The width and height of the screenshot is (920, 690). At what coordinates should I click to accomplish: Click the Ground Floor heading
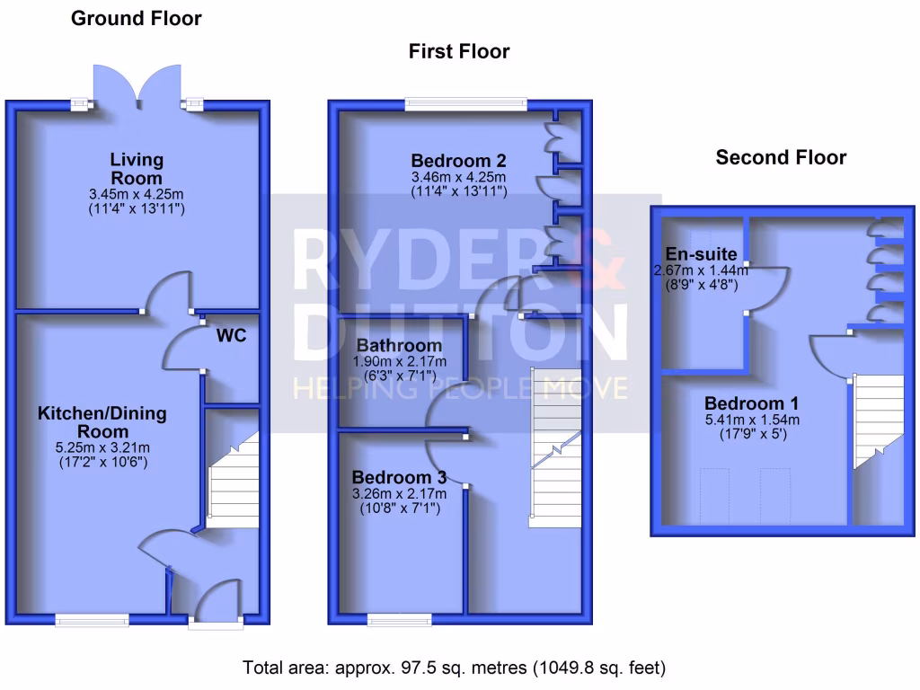point(136,18)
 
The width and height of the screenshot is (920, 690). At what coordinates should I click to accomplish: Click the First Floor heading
point(458,51)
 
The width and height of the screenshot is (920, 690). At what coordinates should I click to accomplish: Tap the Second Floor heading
point(781,157)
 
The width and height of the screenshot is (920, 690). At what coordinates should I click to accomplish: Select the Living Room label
point(137,169)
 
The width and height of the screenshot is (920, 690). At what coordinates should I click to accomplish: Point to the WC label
point(231,337)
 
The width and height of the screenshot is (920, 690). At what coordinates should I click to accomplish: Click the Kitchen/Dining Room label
point(102,422)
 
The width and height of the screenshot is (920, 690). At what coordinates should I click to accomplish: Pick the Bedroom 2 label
point(458,161)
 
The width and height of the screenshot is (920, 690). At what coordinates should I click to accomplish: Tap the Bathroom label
point(399,345)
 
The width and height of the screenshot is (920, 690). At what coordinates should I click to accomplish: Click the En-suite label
point(701,253)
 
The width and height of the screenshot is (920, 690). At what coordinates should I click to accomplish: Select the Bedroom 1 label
point(751,402)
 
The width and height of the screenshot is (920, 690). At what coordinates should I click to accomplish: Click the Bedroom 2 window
point(465,104)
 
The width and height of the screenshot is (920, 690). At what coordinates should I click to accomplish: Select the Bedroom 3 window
point(399,618)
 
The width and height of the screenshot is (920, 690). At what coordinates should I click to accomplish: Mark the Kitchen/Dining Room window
point(92,618)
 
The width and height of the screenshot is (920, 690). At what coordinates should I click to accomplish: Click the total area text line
point(454,668)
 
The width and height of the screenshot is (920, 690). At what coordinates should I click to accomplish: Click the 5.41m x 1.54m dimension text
point(751,420)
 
